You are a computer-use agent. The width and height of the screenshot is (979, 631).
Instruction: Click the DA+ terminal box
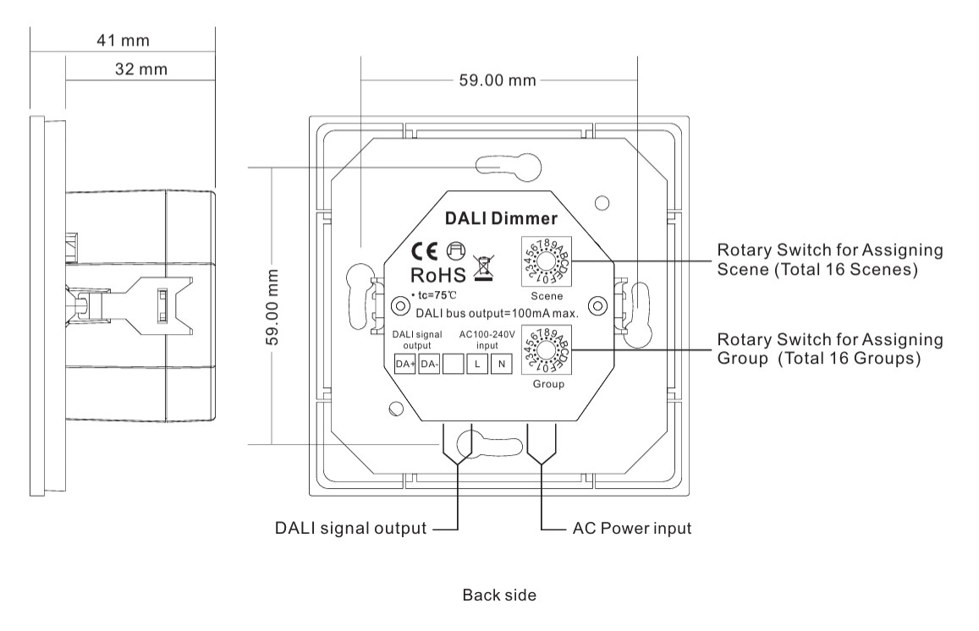[404, 365]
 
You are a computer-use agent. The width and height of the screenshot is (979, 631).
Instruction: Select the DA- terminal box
[429, 365]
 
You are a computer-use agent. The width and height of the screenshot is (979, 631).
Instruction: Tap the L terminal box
[477, 365]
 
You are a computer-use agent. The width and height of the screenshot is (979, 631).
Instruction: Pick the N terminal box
[502, 365]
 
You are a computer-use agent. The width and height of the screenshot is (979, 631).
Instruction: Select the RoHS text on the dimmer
[437, 275]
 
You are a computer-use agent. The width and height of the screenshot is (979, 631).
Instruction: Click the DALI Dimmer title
[489, 218]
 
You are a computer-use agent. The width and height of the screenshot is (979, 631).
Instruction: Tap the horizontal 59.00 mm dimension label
[498, 80]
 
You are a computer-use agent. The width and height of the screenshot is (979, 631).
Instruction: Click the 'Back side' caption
[499, 595]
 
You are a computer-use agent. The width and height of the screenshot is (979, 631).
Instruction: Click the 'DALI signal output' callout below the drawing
[350, 529]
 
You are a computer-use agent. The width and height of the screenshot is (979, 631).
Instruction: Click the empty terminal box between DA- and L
[454, 365]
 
